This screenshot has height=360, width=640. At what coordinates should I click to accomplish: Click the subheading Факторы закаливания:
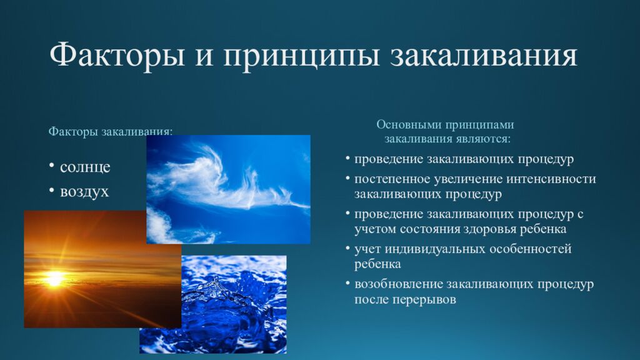(x=111, y=132)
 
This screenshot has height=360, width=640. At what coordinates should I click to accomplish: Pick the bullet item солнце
(x=85, y=167)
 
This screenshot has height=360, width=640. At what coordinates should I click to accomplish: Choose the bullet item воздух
(x=84, y=191)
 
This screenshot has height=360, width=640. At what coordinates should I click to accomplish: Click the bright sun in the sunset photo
(x=55, y=277)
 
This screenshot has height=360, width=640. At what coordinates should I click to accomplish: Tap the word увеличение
(x=461, y=179)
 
